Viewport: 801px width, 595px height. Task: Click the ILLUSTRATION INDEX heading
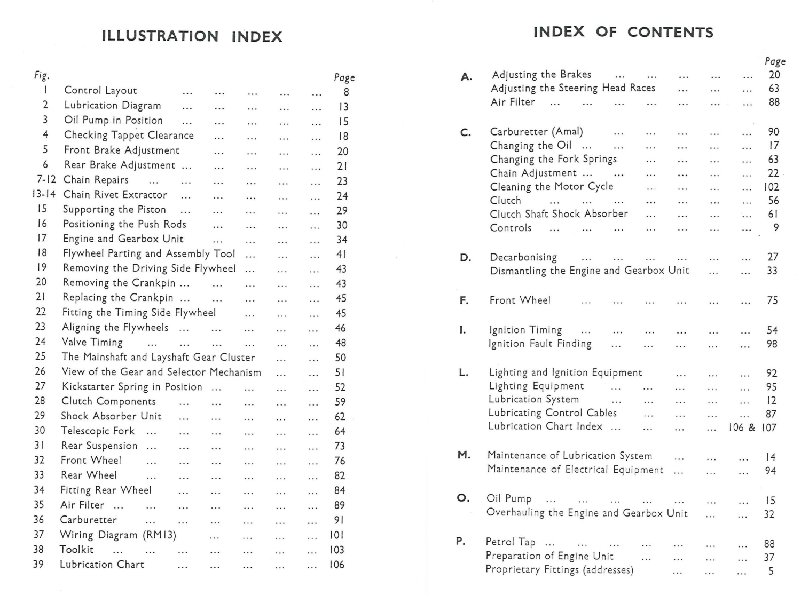tap(192, 36)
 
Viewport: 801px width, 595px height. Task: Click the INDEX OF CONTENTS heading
tap(623, 32)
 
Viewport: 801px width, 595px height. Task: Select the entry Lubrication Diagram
tap(112, 105)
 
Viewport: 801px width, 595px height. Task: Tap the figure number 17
tap(42, 238)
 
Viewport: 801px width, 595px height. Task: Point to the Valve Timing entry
tap(92, 342)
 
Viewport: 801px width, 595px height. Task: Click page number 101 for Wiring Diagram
tap(336, 535)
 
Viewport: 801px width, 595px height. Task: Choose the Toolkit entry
tap(76, 549)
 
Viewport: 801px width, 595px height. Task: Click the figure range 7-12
tap(46, 180)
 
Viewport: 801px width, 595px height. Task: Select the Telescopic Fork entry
tap(98, 431)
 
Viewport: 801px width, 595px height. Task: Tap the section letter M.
tap(464, 455)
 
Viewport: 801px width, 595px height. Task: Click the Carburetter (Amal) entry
tap(536, 131)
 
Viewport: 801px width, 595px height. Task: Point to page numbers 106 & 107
tap(752, 427)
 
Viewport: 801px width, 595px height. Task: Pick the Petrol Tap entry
tap(510, 542)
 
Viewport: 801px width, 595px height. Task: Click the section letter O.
tap(463, 498)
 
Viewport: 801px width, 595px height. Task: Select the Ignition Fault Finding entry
tap(540, 344)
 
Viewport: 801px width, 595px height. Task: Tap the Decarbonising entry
tap(523, 257)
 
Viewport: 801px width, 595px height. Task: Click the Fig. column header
tap(42, 76)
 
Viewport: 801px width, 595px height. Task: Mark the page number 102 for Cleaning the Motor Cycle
tap(771, 187)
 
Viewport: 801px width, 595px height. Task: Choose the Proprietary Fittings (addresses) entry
tap(559, 570)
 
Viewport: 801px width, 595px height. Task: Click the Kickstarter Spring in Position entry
tap(132, 387)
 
